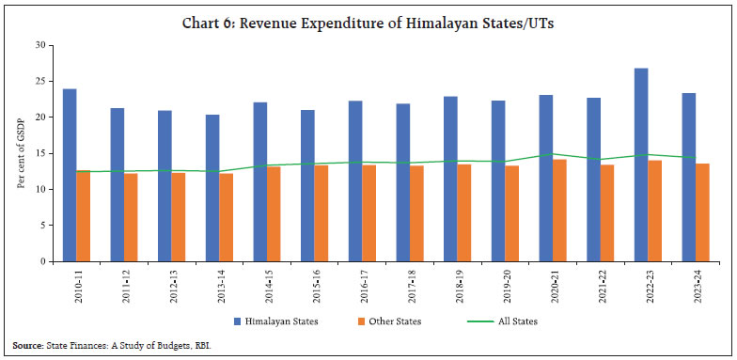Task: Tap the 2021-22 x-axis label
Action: (600, 283)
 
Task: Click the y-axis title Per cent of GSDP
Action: (21, 153)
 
